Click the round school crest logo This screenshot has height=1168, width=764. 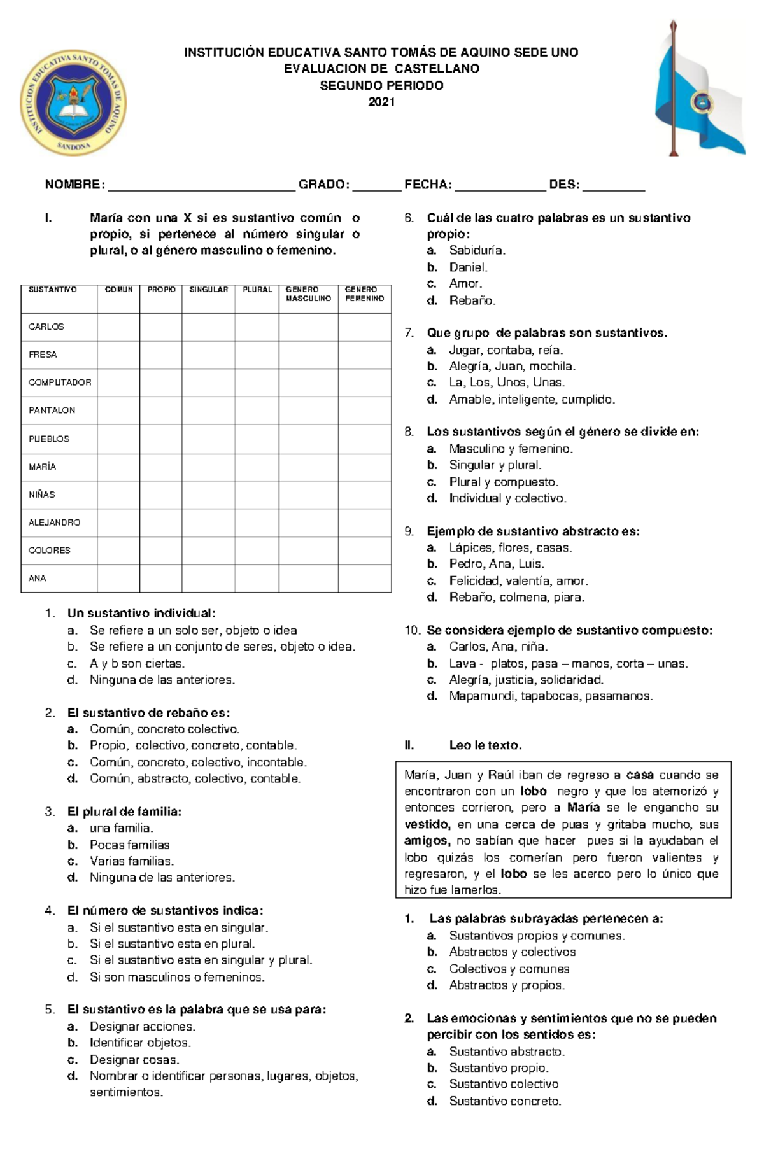click(73, 102)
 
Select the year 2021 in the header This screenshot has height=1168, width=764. click(381, 102)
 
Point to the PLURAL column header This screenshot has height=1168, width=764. click(257, 290)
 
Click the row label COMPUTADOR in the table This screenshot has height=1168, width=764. click(60, 383)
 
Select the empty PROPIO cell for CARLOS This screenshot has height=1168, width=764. click(160, 327)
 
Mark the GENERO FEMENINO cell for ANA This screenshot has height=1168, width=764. click(364, 578)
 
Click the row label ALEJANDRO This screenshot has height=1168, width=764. click(55, 523)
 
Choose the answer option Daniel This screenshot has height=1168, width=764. click(468, 267)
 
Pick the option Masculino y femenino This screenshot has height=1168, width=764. click(511, 449)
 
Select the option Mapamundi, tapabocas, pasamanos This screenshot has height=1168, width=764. click(551, 696)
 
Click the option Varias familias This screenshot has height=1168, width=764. click(131, 861)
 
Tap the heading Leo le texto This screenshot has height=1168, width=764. click(485, 745)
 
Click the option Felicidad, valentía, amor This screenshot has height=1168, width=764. click(518, 581)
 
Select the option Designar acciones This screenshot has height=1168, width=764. click(143, 1027)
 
